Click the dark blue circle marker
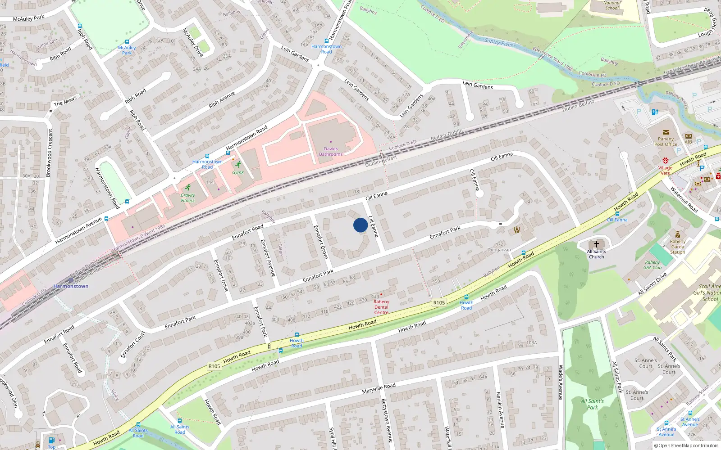pos(360,225)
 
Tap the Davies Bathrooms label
pos(331,152)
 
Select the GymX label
pos(238,172)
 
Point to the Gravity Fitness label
pos(188,198)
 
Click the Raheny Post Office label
pos(666,142)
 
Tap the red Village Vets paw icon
pos(665,161)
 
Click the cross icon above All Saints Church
pos(597,244)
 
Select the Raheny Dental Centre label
pos(381,307)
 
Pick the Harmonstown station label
pos(71,286)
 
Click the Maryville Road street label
pos(379,388)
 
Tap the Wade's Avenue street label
pos(561,382)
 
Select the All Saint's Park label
pos(593,404)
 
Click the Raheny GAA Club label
pos(653,265)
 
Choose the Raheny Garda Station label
pos(678,247)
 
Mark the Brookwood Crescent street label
pos(50,153)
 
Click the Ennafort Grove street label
pos(321,242)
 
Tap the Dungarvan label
pos(499,250)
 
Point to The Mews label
pos(65,101)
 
